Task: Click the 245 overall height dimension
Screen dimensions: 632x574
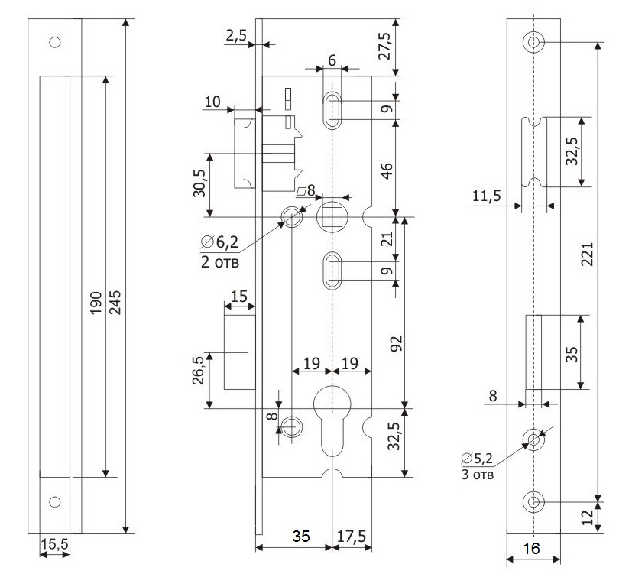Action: tap(115, 303)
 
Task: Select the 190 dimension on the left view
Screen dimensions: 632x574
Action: tap(96, 303)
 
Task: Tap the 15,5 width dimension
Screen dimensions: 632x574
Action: tap(55, 544)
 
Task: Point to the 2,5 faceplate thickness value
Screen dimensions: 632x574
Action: tap(236, 35)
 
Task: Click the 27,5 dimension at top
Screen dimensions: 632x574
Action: tap(384, 46)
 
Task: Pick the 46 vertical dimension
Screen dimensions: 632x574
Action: tap(387, 171)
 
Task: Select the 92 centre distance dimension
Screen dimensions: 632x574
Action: tap(396, 343)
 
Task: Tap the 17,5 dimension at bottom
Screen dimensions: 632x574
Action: tap(352, 536)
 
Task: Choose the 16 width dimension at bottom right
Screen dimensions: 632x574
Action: tap(531, 548)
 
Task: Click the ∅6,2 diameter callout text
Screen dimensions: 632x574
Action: tap(219, 242)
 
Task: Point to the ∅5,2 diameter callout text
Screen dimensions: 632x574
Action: tap(477, 459)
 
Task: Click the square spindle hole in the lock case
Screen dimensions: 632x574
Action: tap(332, 217)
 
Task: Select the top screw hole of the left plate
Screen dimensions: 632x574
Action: tap(55, 42)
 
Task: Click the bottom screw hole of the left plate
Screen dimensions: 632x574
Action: tap(55, 502)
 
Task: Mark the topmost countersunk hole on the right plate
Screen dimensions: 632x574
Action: tap(533, 42)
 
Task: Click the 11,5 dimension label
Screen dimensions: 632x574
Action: tap(487, 196)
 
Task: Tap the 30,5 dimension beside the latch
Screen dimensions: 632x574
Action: tap(199, 183)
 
